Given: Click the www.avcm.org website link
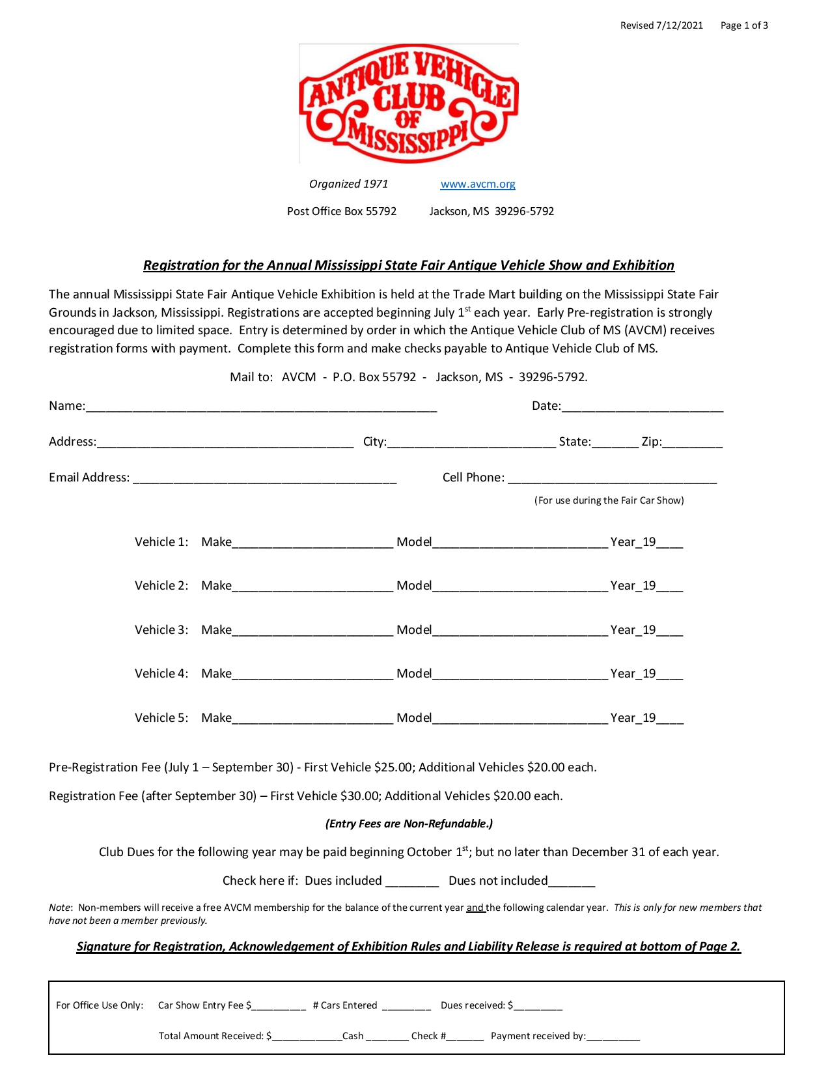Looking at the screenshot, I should click(478, 184).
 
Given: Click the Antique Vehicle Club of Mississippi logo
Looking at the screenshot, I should click(408, 104).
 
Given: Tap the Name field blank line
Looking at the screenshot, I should click(261, 407).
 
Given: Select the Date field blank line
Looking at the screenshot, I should click(642, 407).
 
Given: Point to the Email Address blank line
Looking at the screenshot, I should click(264, 478).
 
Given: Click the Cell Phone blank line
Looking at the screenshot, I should click(612, 478).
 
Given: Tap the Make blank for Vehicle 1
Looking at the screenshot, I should click(312, 543).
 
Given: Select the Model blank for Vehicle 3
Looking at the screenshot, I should click(520, 631).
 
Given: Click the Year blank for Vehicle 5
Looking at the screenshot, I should click(670, 719).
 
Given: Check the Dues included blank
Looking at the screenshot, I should click(412, 881).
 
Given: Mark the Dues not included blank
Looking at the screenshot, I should click(572, 881).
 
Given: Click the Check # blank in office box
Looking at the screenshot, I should click(465, 1037).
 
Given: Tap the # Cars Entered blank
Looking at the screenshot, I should click(406, 1006).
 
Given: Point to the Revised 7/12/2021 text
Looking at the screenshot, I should click(661, 25).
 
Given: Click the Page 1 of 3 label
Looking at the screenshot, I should click(744, 25).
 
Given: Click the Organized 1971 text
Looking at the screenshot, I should click(348, 184).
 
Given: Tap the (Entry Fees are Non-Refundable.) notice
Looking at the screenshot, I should click(409, 824).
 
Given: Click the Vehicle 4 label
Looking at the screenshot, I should click(161, 674).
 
